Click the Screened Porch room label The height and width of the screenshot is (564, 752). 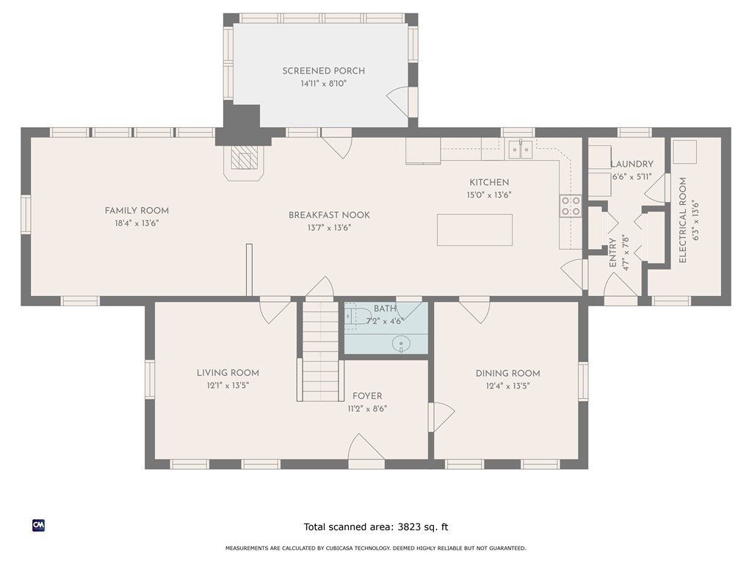pyautogui.click(x=323, y=71)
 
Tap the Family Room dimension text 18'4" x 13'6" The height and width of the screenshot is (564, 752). pyautogui.click(x=137, y=223)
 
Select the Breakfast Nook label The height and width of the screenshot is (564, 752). pyautogui.click(x=329, y=215)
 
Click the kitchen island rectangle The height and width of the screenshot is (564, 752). pyautogui.click(x=474, y=230)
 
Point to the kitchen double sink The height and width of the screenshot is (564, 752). pyautogui.click(x=521, y=150)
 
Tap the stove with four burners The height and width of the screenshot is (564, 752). pyautogui.click(x=571, y=206)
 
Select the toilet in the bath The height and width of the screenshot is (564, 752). pyautogui.click(x=358, y=316)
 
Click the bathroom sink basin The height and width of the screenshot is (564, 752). pyautogui.click(x=401, y=344)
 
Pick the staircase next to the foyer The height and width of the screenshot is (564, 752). pyautogui.click(x=320, y=350)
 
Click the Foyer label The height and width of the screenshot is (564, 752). pyautogui.click(x=367, y=396)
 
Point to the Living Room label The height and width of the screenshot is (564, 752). pyautogui.click(x=228, y=372)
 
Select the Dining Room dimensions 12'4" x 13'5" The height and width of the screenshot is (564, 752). pyautogui.click(x=507, y=386)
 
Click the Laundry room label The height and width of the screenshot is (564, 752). pyautogui.click(x=632, y=164)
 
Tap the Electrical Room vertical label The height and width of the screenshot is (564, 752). pyautogui.click(x=683, y=220)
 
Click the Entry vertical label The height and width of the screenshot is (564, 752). pyautogui.click(x=612, y=253)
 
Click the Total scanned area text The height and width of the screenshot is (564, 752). pyautogui.click(x=376, y=527)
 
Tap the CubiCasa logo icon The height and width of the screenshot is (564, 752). pyautogui.click(x=38, y=526)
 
